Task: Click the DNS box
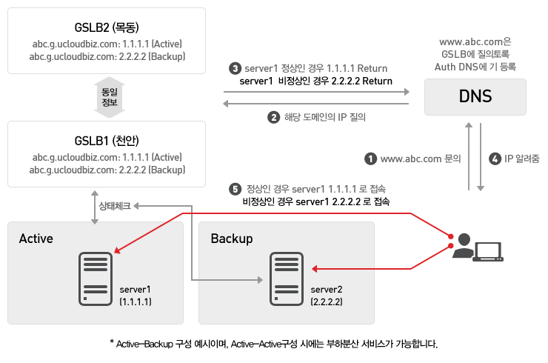475,97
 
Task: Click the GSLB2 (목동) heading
107,27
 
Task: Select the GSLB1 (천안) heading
107,141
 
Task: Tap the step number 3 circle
235,68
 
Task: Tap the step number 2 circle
274,117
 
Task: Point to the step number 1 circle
370,159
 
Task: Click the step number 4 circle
495,159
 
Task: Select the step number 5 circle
235,189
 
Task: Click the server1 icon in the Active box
96,279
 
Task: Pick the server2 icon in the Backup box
287,279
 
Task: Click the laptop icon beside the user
488,252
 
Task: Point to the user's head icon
464,239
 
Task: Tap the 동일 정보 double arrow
110,97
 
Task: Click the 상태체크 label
115,206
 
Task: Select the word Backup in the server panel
232,239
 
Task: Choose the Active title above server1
36,239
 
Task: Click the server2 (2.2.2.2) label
327,296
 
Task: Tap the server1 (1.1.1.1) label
136,296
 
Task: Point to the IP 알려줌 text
522,159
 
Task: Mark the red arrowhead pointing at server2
315,269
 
